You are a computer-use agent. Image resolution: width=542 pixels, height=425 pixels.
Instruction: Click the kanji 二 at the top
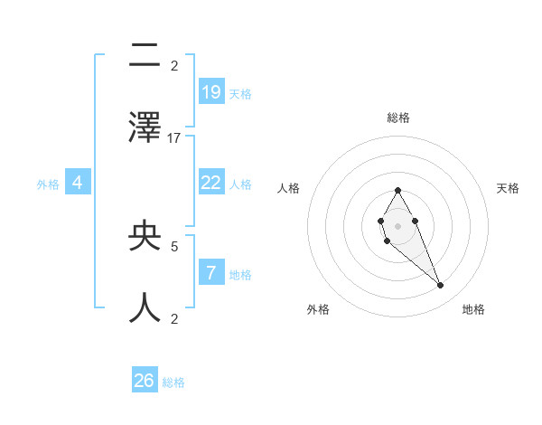pyautogui.click(x=145, y=56)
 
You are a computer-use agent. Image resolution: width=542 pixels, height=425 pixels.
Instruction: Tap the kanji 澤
pyautogui.click(x=145, y=127)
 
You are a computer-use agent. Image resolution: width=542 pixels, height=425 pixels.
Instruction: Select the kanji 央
pyautogui.click(x=145, y=235)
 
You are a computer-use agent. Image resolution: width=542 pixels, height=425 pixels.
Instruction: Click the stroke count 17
pyautogui.click(x=174, y=137)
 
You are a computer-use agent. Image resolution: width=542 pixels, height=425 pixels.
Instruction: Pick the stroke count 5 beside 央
pyautogui.click(x=174, y=245)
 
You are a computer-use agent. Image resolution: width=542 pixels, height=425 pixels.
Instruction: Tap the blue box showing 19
pyautogui.click(x=211, y=91)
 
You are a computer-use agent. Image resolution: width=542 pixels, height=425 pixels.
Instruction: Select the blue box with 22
pyautogui.click(x=211, y=183)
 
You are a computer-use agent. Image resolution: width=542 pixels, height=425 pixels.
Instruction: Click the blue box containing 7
pyautogui.click(x=211, y=272)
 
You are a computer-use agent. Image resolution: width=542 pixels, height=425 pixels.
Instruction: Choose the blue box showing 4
pyautogui.click(x=78, y=183)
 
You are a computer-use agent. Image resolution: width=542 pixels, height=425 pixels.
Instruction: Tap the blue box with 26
pyautogui.click(x=145, y=381)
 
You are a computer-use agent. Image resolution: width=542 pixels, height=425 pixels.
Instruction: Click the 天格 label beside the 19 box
pyautogui.click(x=240, y=93)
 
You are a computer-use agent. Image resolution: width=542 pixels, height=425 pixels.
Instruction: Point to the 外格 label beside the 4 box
pyautogui.click(x=48, y=184)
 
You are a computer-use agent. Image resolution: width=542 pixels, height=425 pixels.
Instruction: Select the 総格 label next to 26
pyautogui.click(x=173, y=382)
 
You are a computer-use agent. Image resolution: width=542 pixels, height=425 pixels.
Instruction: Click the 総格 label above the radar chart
pyautogui.click(x=398, y=118)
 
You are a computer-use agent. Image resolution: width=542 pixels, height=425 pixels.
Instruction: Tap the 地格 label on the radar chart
pyautogui.click(x=473, y=309)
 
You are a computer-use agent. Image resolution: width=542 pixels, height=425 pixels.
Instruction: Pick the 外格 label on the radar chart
pyautogui.click(x=318, y=309)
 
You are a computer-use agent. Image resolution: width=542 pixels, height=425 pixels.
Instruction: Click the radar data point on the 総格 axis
pyautogui.click(x=397, y=190)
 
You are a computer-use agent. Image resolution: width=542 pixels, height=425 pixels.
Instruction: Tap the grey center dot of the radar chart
pyautogui.click(x=397, y=225)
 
